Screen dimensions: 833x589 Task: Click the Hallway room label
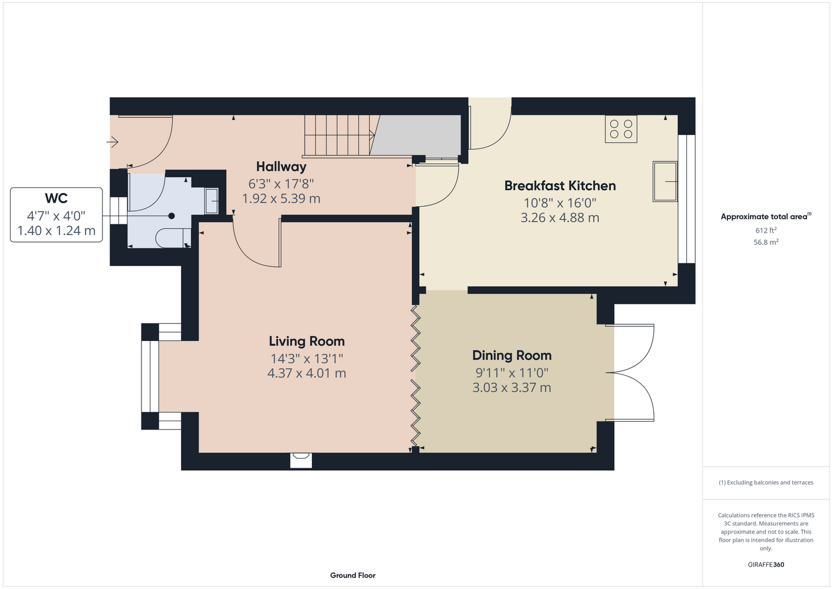(x=281, y=167)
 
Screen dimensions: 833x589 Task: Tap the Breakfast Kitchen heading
(x=559, y=186)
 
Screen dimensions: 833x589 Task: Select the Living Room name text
(x=307, y=341)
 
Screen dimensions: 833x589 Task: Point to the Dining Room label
(x=512, y=355)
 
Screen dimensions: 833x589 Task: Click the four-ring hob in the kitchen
(x=621, y=129)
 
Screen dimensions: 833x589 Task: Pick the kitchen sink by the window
(x=665, y=181)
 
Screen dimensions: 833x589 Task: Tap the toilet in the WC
(x=173, y=238)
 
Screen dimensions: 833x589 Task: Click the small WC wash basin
(x=211, y=201)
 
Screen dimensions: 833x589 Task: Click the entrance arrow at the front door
(x=113, y=141)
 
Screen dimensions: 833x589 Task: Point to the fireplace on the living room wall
(x=301, y=460)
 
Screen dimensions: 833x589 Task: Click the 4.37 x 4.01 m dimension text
(x=307, y=373)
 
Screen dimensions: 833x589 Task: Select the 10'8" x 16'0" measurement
(x=559, y=203)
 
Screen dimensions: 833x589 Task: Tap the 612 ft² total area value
(x=766, y=230)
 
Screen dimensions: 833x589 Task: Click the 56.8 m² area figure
(x=766, y=242)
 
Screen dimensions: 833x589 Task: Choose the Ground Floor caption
(x=353, y=575)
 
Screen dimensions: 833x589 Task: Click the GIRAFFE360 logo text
(x=766, y=564)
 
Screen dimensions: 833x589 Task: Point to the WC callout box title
(x=56, y=198)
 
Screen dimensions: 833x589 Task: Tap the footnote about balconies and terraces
(x=766, y=482)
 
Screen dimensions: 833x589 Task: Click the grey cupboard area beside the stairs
(x=416, y=135)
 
